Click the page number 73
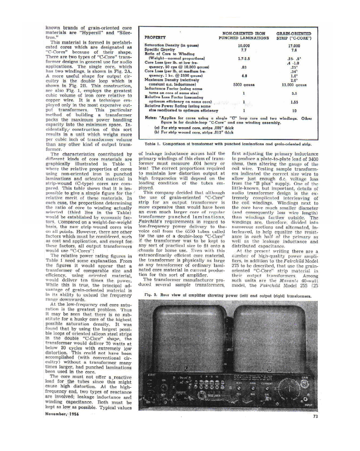(315, 417)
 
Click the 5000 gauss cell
(243, 84)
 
